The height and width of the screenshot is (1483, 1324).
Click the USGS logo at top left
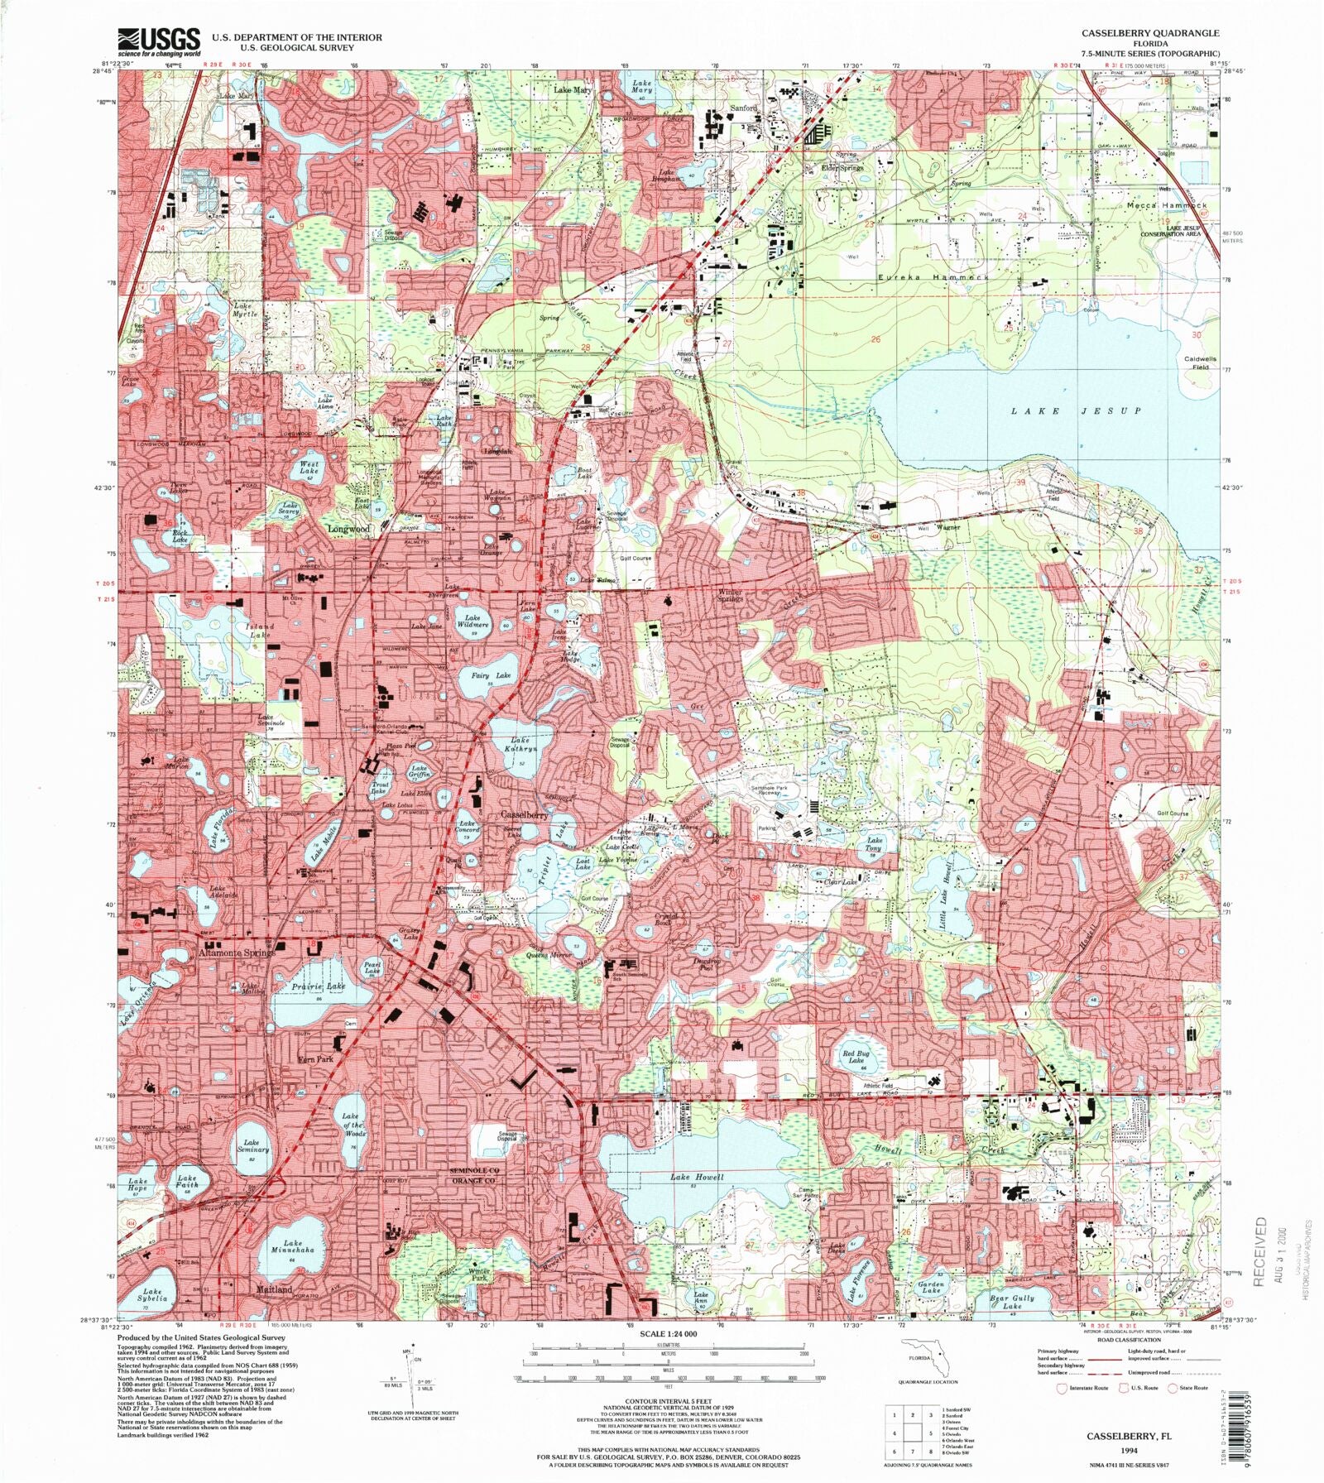click(159, 41)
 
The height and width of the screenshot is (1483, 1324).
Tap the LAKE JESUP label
click(1076, 411)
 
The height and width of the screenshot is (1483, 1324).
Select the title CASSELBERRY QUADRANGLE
click(1149, 33)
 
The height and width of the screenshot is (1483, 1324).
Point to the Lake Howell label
click(697, 1177)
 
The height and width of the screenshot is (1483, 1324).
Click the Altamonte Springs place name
click(236, 953)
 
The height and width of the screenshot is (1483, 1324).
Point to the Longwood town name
click(348, 528)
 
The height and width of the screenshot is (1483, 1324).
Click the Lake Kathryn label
click(520, 744)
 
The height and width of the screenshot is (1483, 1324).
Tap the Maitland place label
click(274, 1290)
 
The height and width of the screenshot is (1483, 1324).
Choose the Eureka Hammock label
click(933, 277)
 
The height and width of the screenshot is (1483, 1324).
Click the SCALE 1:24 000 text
click(669, 1334)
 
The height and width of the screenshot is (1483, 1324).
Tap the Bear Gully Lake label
click(1011, 1302)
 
